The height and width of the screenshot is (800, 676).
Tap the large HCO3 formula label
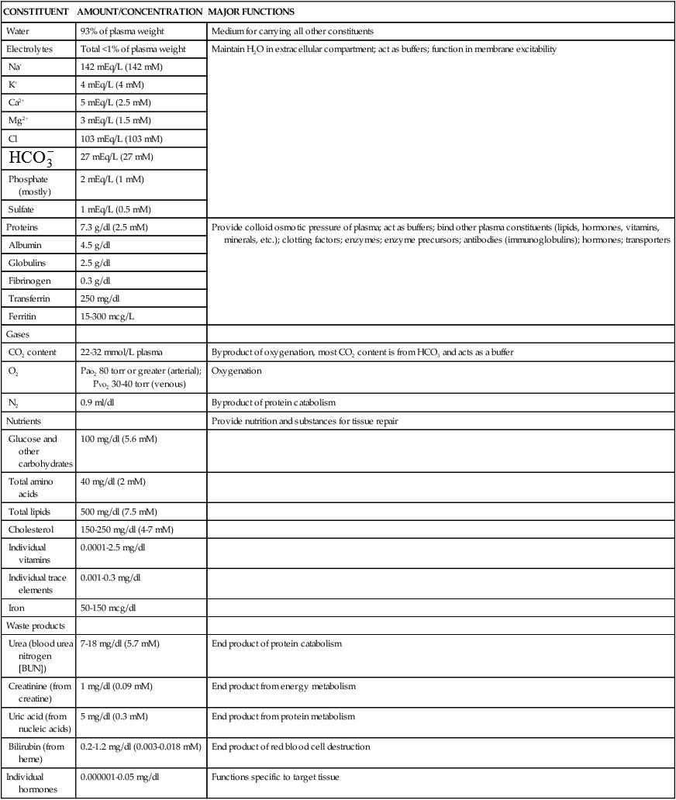click(32, 158)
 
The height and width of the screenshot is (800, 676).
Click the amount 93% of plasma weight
click(121, 32)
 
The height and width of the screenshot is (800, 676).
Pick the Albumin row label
click(26, 245)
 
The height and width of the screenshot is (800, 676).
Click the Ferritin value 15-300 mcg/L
click(112, 316)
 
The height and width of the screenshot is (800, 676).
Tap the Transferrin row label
click(31, 298)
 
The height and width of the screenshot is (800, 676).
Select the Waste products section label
click(34, 625)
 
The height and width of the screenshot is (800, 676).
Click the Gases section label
click(19, 333)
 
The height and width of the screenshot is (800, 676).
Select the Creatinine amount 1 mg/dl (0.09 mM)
click(122, 686)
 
